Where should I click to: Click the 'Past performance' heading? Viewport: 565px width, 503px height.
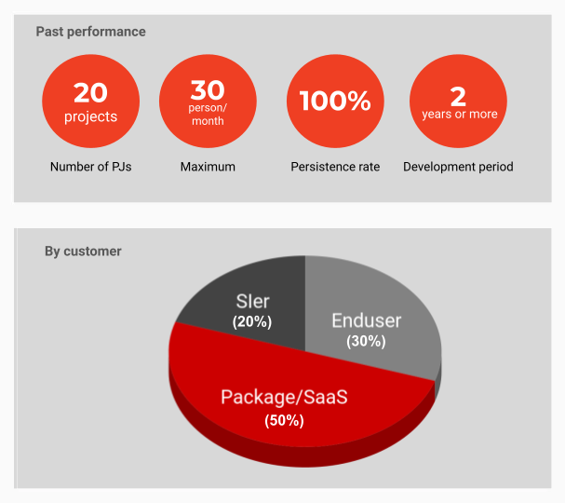coord(91,32)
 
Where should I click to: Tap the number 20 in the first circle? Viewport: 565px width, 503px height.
coord(91,92)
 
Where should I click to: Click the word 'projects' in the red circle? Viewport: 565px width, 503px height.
coord(91,116)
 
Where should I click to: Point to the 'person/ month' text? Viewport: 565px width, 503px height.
coord(208,115)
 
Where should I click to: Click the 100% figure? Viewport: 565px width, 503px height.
coord(335,101)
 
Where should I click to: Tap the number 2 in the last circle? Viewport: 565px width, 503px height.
coord(458,97)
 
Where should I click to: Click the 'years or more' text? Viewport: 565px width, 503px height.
coord(460,114)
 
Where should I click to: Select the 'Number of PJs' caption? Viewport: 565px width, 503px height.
coord(91,167)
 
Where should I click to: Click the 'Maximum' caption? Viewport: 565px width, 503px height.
coord(208,167)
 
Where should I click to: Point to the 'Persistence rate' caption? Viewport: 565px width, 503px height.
coord(335,167)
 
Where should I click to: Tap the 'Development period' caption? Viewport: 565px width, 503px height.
coord(458,167)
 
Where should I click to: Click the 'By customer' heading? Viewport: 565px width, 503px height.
coord(83,251)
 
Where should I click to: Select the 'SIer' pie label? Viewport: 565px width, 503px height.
coord(252,301)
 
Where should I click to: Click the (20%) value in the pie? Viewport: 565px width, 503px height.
coord(252,321)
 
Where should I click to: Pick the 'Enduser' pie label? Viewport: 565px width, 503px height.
coord(366,320)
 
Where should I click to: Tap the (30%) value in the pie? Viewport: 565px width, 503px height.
coord(366,341)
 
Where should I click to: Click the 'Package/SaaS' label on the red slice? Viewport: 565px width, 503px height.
coord(284,397)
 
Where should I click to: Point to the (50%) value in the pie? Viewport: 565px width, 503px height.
coord(284,420)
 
